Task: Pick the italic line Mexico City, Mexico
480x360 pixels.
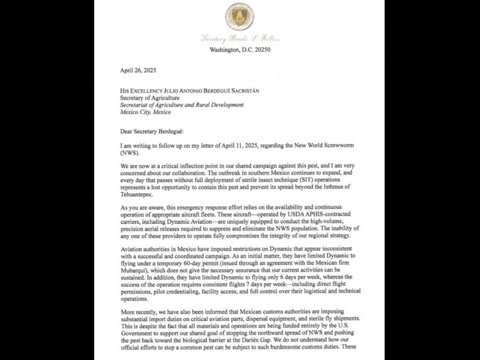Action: [145, 112]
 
